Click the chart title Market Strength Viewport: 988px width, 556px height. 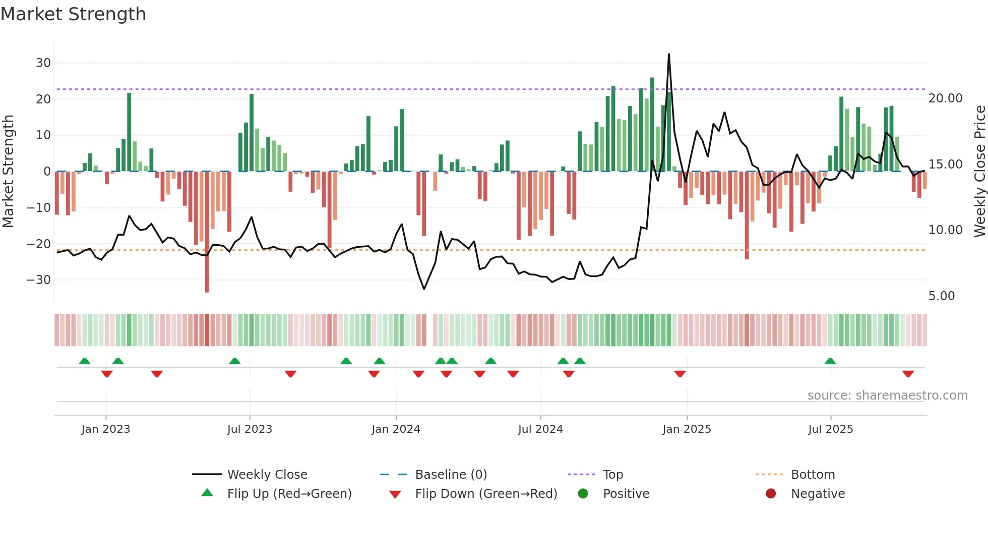point(73,14)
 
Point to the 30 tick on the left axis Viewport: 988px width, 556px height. point(43,63)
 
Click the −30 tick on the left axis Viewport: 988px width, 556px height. point(39,280)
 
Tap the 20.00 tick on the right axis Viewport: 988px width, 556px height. point(945,98)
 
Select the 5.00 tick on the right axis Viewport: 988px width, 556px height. point(941,296)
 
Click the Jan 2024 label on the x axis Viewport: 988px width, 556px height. point(396,429)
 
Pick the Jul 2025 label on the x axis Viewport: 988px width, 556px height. point(830,429)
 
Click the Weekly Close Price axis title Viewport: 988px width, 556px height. point(979,172)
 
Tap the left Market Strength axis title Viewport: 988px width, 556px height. point(8,172)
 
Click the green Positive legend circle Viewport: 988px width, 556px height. point(583,494)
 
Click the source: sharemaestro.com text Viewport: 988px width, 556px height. point(887,396)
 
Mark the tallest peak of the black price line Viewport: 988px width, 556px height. point(669,54)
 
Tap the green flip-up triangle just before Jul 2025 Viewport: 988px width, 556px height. point(830,361)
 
